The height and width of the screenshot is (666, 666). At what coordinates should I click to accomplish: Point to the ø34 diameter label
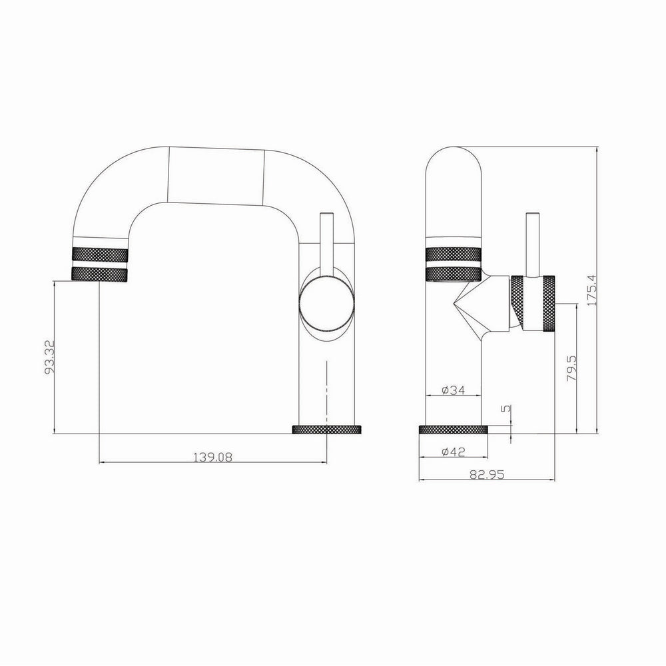tap(453, 390)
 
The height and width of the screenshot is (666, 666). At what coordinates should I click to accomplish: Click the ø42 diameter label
tap(453, 452)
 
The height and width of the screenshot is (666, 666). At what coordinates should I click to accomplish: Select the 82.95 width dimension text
tap(486, 474)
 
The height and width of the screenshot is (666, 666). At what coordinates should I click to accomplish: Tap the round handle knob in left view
tap(326, 303)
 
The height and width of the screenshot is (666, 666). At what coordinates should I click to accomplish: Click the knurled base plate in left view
tap(327, 430)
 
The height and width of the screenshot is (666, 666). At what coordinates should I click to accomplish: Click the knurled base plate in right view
tap(453, 430)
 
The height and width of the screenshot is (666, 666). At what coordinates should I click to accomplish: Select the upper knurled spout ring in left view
tap(99, 254)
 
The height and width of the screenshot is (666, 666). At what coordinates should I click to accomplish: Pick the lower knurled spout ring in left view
tap(99, 273)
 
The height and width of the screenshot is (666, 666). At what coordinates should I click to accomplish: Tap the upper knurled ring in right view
tap(453, 254)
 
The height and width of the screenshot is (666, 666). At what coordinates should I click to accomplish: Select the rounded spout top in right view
tap(453, 186)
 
